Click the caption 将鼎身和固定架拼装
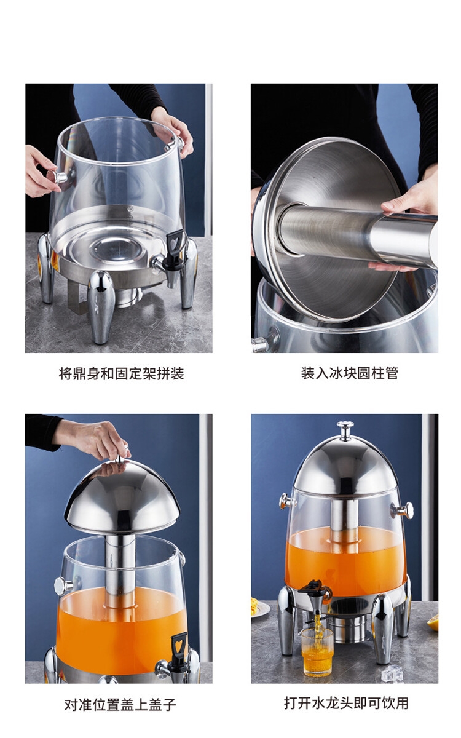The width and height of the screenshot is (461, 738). point(121,374)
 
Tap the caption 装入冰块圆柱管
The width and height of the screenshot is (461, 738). point(350,373)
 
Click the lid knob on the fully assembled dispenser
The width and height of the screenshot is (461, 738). point(345,429)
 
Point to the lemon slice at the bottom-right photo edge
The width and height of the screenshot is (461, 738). point(433,604)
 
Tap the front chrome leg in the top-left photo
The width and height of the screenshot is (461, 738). point(101,306)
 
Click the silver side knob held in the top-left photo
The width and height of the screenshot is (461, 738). point(60,178)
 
